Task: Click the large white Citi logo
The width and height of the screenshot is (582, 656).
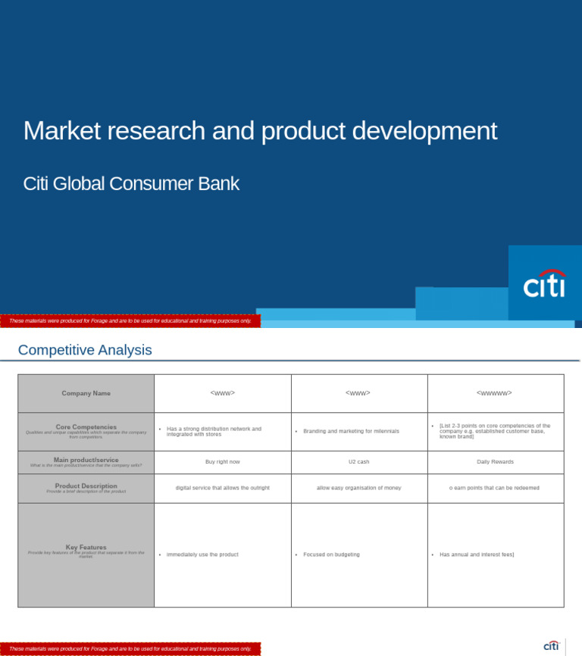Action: tap(544, 284)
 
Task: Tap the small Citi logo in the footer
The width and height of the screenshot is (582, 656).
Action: tap(551, 646)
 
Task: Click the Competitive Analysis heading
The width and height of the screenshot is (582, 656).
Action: tap(85, 350)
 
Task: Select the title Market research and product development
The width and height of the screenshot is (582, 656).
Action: tap(260, 130)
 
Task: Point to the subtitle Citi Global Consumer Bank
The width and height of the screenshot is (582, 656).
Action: tap(131, 183)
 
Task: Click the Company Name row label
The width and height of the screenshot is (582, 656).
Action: tap(86, 393)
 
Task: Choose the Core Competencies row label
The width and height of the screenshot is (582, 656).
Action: tap(86, 427)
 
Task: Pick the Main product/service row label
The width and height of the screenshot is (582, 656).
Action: tap(86, 460)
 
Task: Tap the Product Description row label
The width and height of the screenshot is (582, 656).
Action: tap(86, 486)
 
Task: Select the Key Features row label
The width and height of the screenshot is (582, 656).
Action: tap(86, 547)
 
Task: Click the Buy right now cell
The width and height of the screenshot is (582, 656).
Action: tap(222, 461)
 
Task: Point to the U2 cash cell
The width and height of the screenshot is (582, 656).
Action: tap(358, 461)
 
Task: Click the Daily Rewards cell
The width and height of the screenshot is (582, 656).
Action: tap(495, 461)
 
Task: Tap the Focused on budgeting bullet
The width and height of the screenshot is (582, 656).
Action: tap(331, 554)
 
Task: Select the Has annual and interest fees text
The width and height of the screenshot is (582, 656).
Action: tap(477, 554)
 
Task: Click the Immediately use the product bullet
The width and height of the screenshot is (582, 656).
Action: tap(202, 554)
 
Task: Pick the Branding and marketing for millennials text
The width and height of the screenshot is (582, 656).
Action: tap(351, 431)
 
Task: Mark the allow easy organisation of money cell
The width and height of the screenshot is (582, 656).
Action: tap(358, 488)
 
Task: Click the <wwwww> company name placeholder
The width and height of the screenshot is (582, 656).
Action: tap(494, 393)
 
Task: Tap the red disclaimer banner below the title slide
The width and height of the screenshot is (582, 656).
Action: tap(130, 320)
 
